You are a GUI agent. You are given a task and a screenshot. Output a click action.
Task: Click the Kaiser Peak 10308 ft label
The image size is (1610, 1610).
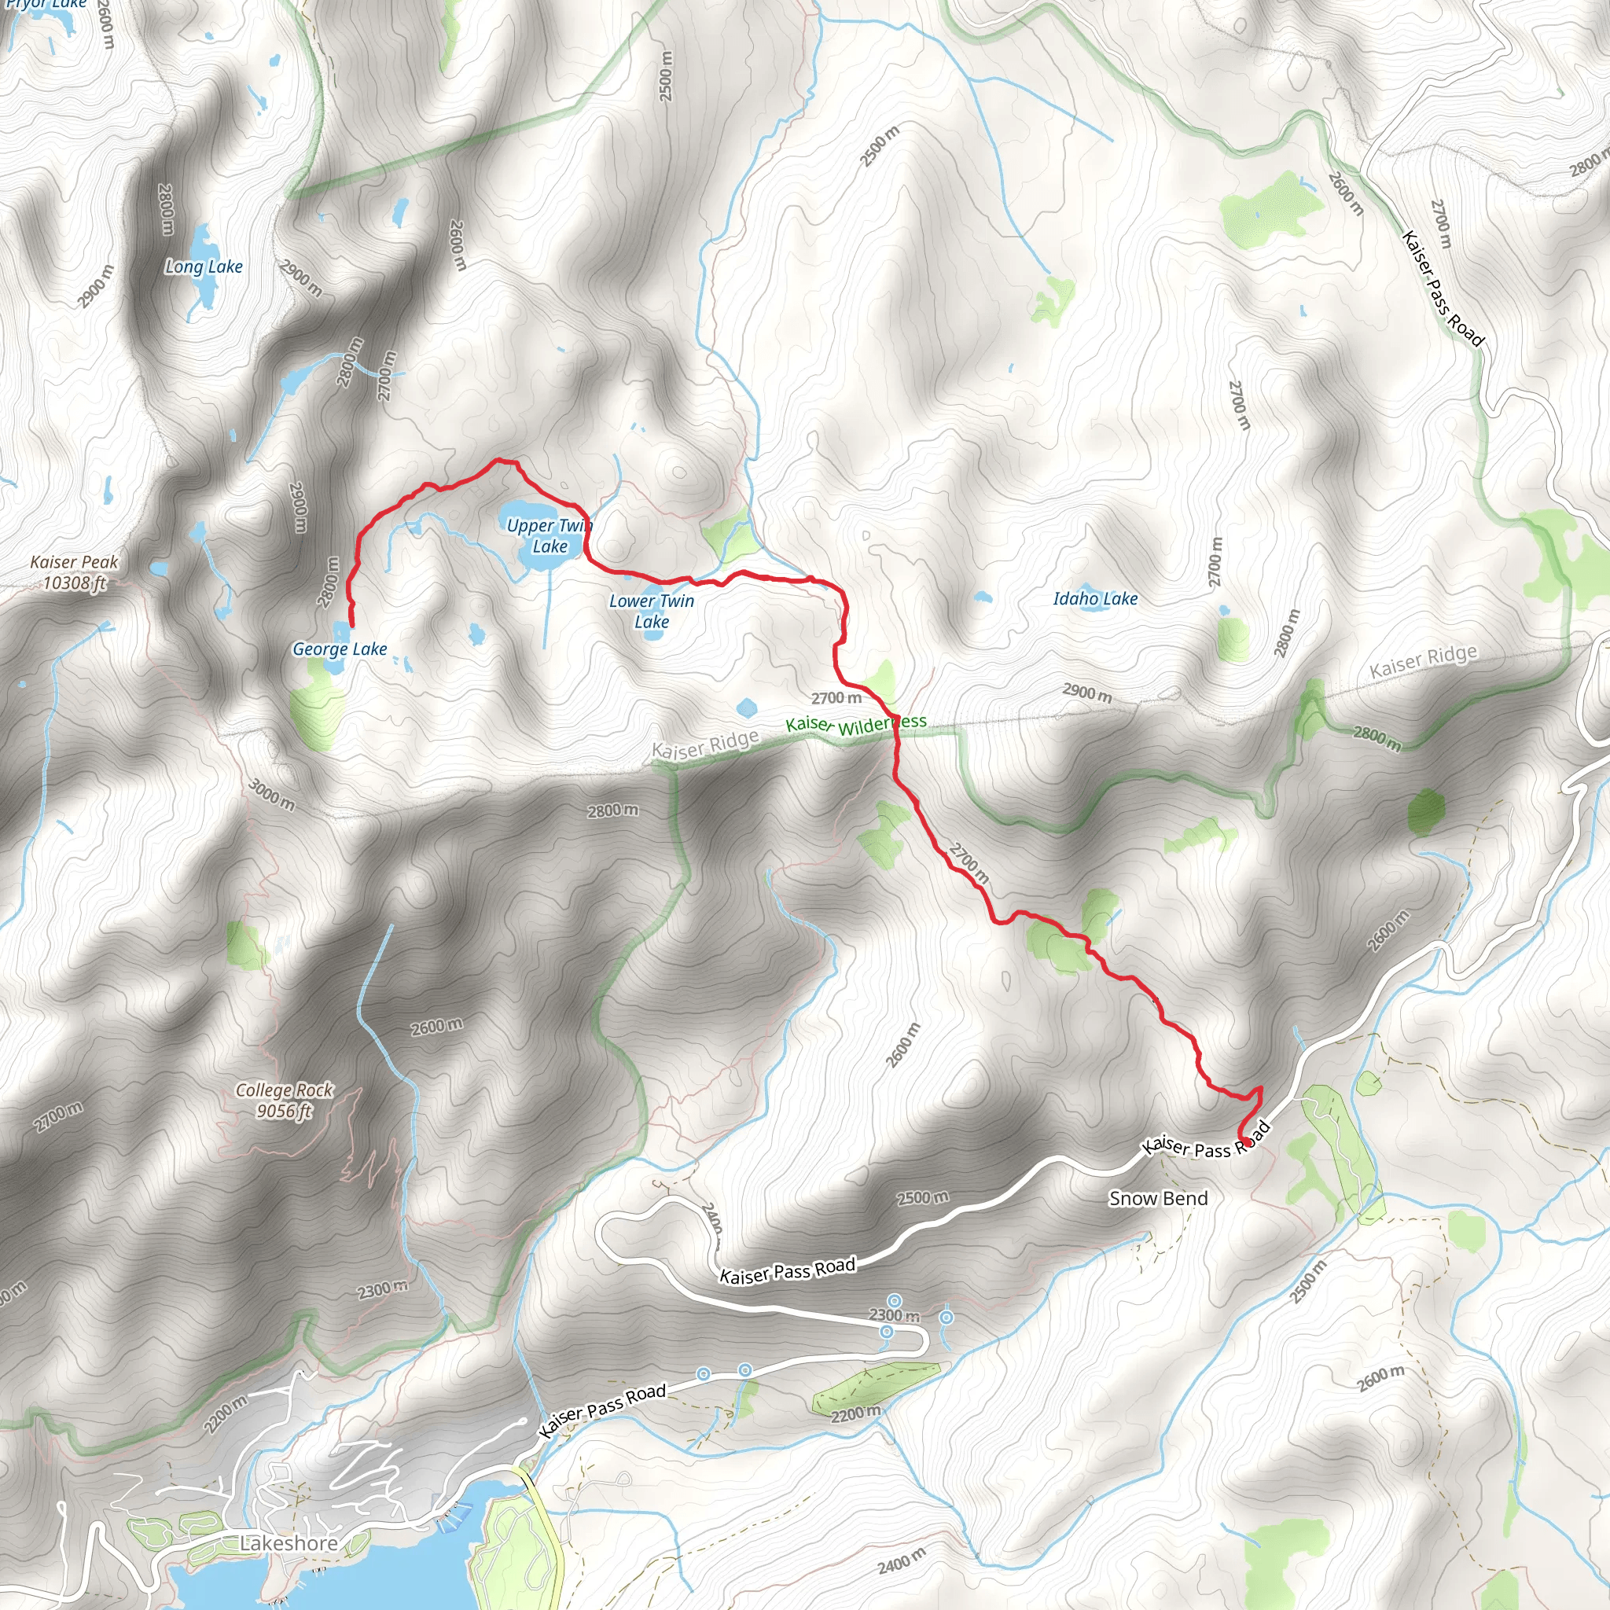tap(74, 572)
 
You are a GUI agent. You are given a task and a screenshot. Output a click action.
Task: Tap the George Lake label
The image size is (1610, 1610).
tap(340, 649)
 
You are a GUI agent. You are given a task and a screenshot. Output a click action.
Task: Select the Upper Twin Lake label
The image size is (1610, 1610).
tap(550, 536)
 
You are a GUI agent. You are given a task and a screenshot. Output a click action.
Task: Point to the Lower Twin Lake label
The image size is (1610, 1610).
tap(651, 611)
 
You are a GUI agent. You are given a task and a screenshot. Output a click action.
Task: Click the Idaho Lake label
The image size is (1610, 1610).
tap(1095, 598)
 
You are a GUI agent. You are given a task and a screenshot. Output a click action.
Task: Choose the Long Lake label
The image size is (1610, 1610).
tap(204, 266)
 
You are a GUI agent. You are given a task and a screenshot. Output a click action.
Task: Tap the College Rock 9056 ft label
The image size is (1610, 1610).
tap(283, 1100)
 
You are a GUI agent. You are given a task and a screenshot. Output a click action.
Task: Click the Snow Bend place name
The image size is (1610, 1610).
tap(1157, 1198)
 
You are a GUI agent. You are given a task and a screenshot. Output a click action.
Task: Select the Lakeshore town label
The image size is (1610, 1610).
tap(289, 1543)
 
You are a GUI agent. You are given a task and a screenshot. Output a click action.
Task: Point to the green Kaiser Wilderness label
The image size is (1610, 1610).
tap(855, 724)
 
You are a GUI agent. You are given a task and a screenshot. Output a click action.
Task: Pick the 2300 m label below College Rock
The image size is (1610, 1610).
tap(383, 1290)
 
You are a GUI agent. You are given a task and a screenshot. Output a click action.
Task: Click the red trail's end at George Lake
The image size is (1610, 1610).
tap(351, 625)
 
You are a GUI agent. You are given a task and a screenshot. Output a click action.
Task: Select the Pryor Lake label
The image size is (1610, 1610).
tap(46, 5)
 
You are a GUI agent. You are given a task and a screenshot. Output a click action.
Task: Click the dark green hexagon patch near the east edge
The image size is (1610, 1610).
tap(1426, 810)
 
